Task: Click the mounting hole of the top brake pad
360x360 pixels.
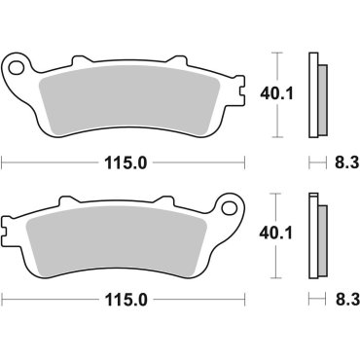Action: [x=16, y=68]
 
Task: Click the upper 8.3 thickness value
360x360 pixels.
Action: [x=333, y=162]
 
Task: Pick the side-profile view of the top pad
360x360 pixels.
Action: [x=315, y=94]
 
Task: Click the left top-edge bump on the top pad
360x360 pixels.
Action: [x=76, y=61]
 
